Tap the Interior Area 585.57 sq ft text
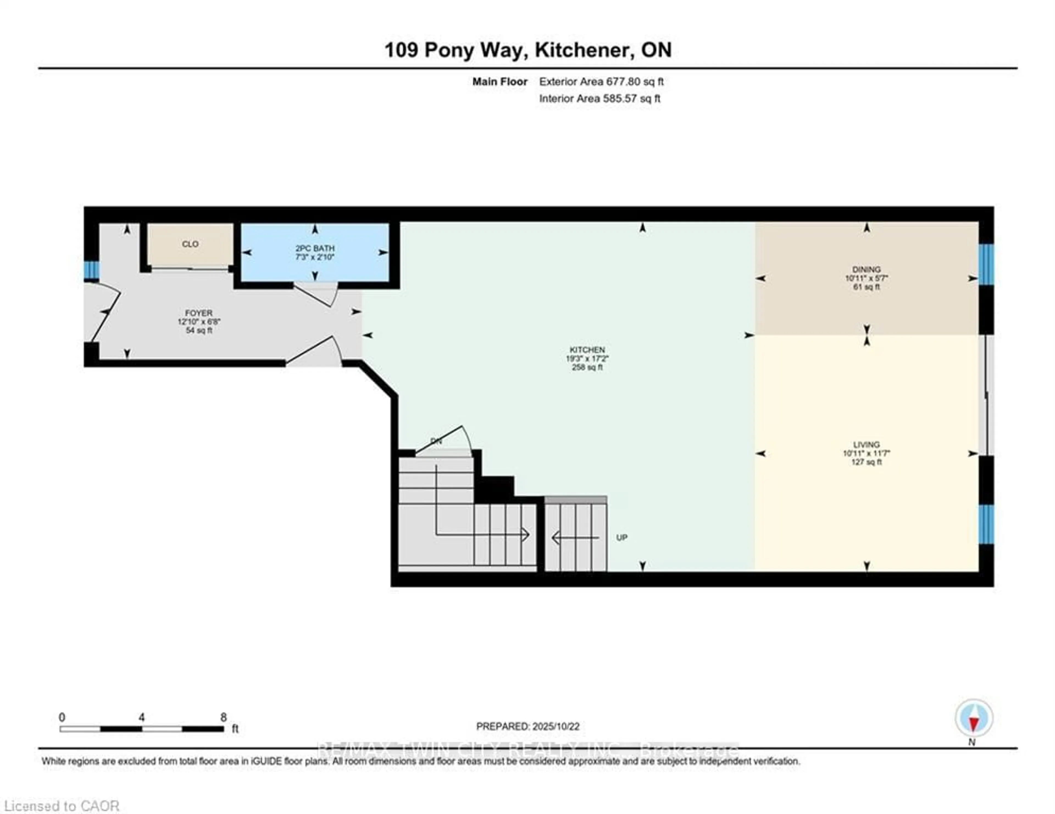coord(599,99)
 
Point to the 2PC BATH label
coord(315,248)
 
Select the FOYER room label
coord(199,313)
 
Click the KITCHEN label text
coord(587,350)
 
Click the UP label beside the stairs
coord(622,537)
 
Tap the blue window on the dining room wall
coord(986,264)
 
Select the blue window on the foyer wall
coord(91,270)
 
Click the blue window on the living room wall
coord(986,524)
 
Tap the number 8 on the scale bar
coord(223,717)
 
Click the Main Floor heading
coord(499,82)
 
